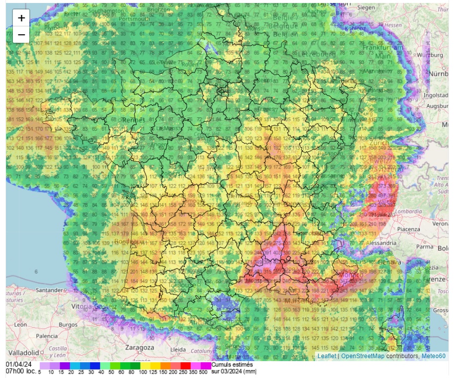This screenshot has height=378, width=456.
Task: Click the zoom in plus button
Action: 21,18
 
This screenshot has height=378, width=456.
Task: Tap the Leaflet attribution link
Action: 327,356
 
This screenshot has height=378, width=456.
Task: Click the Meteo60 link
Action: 434,356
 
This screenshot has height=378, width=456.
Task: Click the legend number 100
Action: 145,372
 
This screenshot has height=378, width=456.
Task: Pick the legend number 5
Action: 39,372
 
